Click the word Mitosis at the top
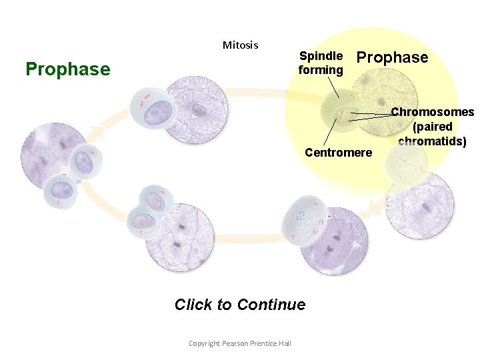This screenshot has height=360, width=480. click(x=240, y=45)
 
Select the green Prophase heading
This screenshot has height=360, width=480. click(x=67, y=69)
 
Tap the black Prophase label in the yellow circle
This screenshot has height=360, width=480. click(x=393, y=58)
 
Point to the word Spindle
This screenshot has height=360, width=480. click(x=321, y=56)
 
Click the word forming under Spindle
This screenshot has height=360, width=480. click(x=321, y=69)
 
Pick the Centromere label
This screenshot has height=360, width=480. click(x=338, y=153)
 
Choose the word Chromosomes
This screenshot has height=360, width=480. click(x=432, y=112)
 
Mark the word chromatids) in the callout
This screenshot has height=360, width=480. click(x=432, y=141)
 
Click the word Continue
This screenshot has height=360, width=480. click(x=271, y=305)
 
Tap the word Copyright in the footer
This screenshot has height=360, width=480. click(x=205, y=343)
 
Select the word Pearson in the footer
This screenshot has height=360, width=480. click(x=235, y=343)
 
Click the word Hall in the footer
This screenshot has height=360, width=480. click(x=285, y=343)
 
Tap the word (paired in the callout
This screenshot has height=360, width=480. click(x=432, y=127)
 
